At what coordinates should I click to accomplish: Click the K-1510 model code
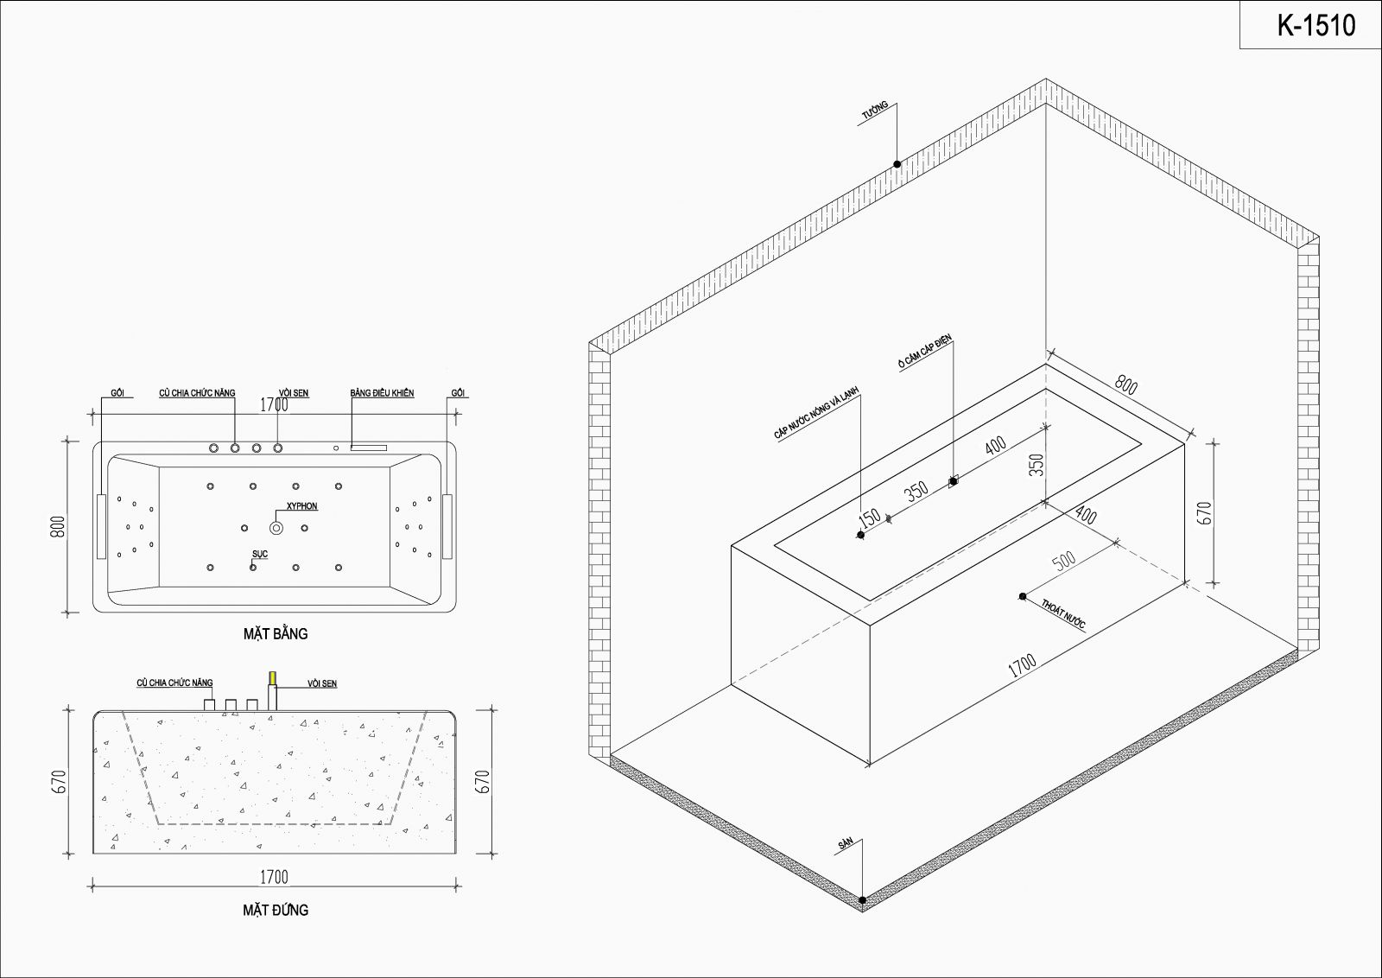[x=1316, y=25]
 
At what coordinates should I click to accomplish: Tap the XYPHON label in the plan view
[x=301, y=506]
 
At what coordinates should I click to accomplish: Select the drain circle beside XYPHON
[x=276, y=528]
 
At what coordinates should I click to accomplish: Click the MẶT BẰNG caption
[x=276, y=633]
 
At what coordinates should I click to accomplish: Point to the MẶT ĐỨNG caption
[x=276, y=910]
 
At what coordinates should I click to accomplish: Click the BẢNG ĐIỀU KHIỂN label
[x=382, y=393]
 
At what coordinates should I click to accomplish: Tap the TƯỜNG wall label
[x=875, y=110]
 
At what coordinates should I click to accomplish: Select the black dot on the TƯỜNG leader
[x=897, y=164]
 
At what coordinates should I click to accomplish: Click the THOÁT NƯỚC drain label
[x=1063, y=613]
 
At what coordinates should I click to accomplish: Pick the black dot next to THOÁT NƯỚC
[x=1023, y=596]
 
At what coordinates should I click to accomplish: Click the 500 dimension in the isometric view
[x=1063, y=560]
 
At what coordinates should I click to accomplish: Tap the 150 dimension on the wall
[x=869, y=518]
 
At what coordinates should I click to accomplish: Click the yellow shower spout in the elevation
[x=272, y=677]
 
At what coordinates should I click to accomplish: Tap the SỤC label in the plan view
[x=260, y=554]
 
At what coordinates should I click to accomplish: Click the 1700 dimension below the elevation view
[x=274, y=877]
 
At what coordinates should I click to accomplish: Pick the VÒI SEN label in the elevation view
[x=322, y=683]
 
